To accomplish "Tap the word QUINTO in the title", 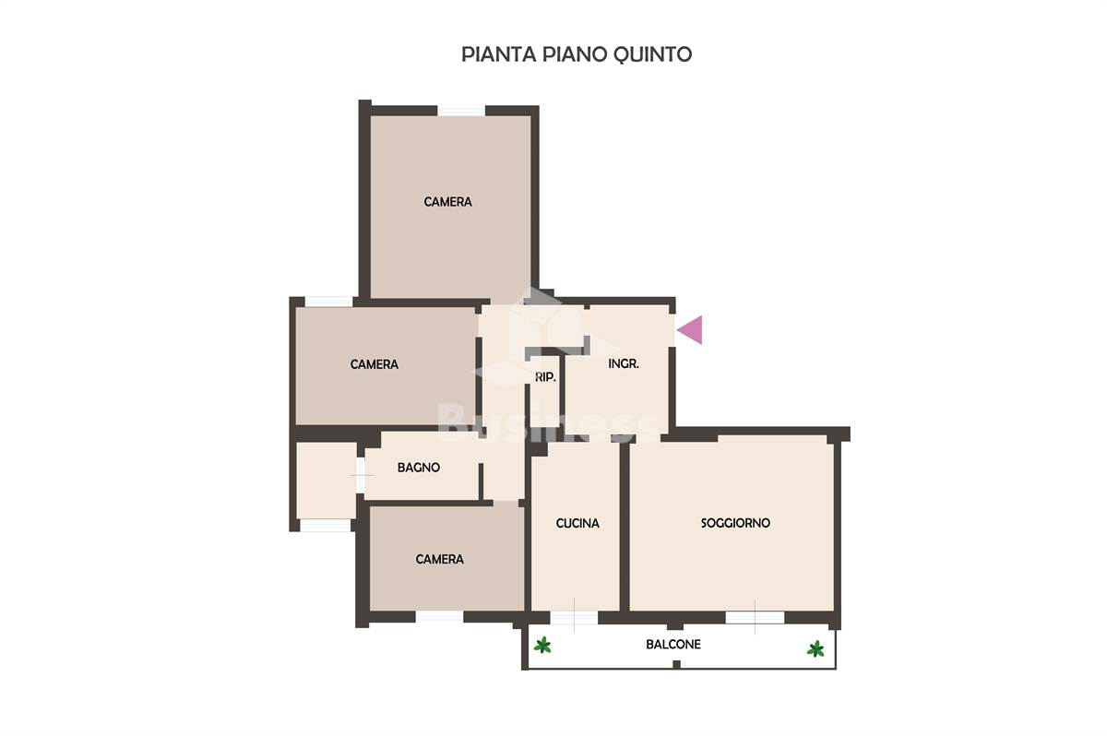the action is tap(652, 54).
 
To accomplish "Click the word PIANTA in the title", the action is tap(499, 54).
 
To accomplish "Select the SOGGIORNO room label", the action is tap(735, 523).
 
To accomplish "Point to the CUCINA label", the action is tap(577, 523).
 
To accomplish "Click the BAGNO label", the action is tap(419, 468).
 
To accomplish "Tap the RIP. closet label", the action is tap(545, 377).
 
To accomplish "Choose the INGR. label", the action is tap(624, 364).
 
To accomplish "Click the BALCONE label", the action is tap(673, 644).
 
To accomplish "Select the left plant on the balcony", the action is tap(542, 645).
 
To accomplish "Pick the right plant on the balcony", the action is tap(815, 648).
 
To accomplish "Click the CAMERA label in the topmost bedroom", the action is tap(447, 202).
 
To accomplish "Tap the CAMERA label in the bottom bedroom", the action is tap(439, 559).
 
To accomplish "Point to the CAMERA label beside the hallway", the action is tap(375, 364).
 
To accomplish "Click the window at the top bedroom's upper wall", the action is tap(461, 112).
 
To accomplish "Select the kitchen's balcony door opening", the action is tap(574, 617).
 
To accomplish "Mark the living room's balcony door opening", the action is tap(755, 617).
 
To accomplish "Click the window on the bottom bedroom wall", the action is tap(439, 617).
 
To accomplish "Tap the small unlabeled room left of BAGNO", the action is tap(327, 481).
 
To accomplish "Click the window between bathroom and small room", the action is tap(361, 475).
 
